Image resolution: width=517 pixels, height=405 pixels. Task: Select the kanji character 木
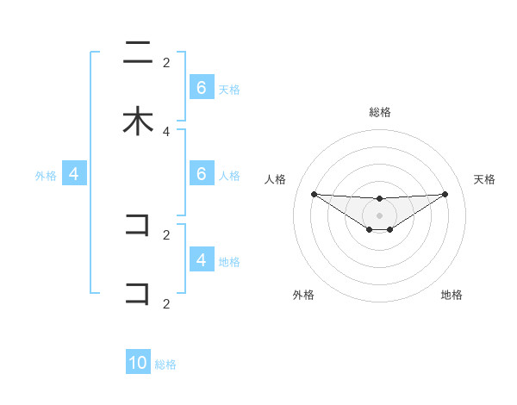coord(138,121)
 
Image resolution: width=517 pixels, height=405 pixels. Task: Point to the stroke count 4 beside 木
coord(166,131)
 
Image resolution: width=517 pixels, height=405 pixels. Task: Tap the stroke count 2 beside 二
coord(166,62)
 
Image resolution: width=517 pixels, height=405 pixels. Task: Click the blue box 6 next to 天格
coord(201,88)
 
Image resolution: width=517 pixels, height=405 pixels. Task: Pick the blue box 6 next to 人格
coord(201,174)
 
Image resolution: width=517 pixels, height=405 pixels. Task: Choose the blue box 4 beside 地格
coord(201,259)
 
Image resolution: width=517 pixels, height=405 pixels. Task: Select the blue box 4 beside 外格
coord(73,174)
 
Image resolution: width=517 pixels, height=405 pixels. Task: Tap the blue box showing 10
coord(138,363)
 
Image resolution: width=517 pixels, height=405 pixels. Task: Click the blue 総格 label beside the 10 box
coord(165,364)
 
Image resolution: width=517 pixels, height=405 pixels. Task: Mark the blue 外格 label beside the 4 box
coord(46,176)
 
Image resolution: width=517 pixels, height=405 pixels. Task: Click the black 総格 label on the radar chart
coord(379,112)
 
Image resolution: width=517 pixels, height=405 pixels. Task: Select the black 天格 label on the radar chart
coord(484,179)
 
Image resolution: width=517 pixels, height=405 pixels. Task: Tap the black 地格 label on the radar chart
coord(452,295)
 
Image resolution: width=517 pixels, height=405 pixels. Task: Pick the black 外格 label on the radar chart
coord(303,295)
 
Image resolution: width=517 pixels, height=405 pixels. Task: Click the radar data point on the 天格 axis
coord(445,194)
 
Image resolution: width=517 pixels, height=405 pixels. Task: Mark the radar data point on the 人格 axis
coord(314,194)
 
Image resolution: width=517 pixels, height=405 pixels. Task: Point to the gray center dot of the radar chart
coord(379,215)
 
